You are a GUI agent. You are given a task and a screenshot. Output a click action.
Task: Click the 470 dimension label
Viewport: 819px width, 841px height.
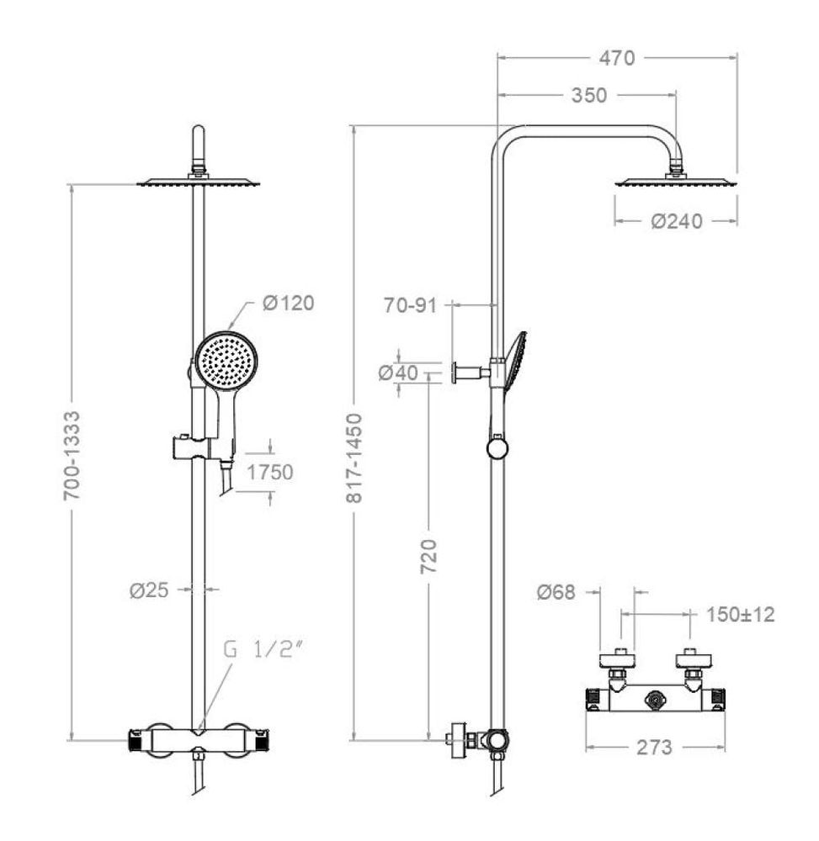tap(617, 58)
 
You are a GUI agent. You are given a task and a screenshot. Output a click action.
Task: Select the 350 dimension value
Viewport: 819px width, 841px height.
tap(589, 96)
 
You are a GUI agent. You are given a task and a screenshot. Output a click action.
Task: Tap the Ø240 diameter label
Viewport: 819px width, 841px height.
tap(677, 221)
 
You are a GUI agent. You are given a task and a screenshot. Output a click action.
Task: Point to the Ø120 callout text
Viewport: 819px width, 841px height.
tap(288, 303)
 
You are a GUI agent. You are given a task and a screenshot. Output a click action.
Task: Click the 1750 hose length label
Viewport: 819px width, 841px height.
tap(270, 472)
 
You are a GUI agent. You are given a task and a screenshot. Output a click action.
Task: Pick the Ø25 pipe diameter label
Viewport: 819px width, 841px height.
tap(149, 590)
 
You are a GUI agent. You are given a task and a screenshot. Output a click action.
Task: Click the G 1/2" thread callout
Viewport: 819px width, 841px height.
tap(263, 649)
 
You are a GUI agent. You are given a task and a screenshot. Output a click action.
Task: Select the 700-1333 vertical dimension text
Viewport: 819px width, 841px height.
tap(72, 456)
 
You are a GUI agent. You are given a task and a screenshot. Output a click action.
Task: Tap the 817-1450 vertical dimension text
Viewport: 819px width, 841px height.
tap(354, 458)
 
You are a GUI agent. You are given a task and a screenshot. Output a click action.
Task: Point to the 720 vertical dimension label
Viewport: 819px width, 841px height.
tap(428, 557)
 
